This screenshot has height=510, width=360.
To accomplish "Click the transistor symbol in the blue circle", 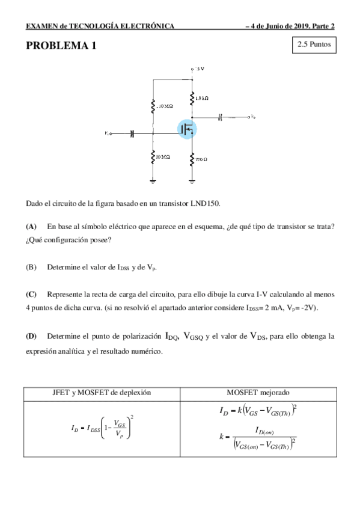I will coord(188,128).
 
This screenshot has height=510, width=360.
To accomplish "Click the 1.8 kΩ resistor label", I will coord(202,97).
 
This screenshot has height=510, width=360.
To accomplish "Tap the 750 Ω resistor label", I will coord(201,159).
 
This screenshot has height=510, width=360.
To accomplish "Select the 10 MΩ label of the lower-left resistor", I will coord(162,157).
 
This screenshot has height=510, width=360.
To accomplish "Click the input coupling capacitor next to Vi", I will coord(131,134).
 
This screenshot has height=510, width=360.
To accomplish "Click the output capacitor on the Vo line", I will coord(220,117).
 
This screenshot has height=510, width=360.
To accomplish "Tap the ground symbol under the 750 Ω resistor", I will coord(192,180).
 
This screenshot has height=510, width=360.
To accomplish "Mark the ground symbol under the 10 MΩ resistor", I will coord(153,180).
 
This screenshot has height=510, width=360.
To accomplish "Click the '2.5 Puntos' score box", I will coord(313,45).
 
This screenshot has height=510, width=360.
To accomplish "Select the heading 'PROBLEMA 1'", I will coord(60,46).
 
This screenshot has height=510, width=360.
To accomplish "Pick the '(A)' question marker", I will coord(31,226).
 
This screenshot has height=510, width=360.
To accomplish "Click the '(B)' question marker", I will coord(31,266).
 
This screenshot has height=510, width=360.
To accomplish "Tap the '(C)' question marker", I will coord(31,294).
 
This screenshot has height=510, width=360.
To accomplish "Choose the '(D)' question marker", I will coord(31,336).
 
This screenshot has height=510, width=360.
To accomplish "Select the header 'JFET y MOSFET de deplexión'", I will coord(102,392).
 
